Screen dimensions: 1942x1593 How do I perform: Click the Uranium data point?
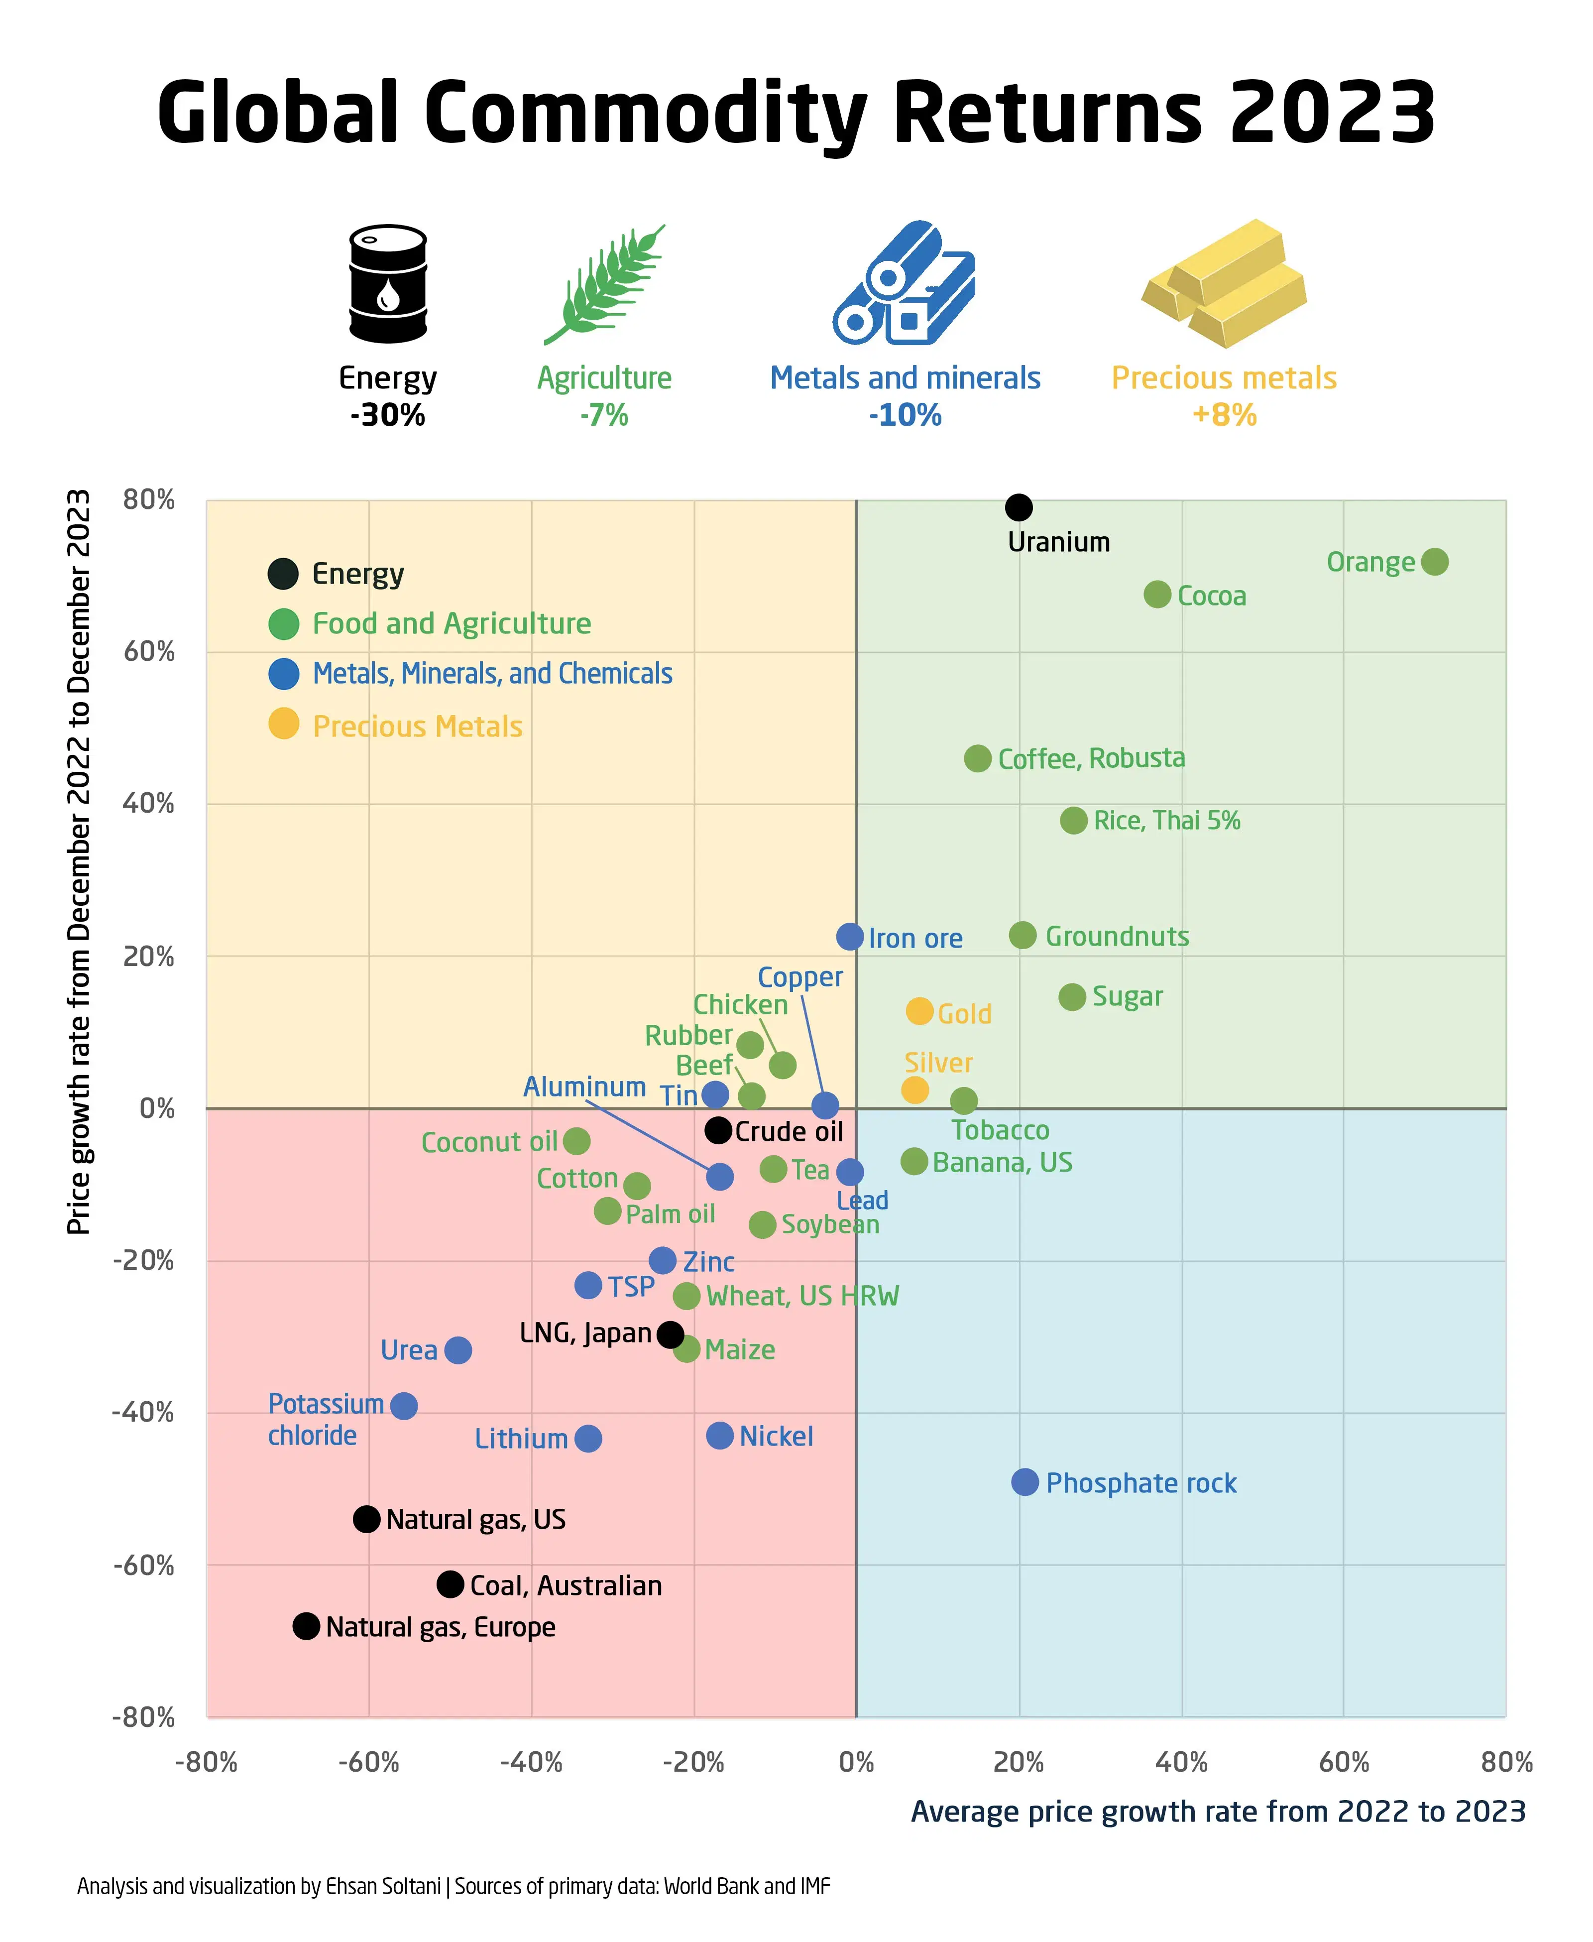[x=1019, y=506]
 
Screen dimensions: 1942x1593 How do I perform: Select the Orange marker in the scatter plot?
[x=1434, y=562]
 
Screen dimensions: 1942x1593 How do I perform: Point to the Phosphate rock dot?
[x=1025, y=1481]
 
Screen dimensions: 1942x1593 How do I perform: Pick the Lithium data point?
[x=588, y=1438]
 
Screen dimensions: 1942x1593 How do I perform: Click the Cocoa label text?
[x=1211, y=597]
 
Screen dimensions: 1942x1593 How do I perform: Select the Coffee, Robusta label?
[x=1091, y=758]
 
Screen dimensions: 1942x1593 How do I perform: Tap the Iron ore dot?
[x=850, y=936]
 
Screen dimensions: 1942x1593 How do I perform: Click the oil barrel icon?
[x=388, y=284]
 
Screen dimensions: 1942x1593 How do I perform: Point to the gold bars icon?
[x=1223, y=284]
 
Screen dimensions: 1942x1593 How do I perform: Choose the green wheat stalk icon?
[x=604, y=284]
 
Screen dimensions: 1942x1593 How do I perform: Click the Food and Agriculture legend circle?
[x=284, y=624]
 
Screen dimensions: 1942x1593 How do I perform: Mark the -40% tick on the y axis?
[x=143, y=1413]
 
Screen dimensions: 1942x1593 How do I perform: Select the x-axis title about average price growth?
[x=1218, y=1812]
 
